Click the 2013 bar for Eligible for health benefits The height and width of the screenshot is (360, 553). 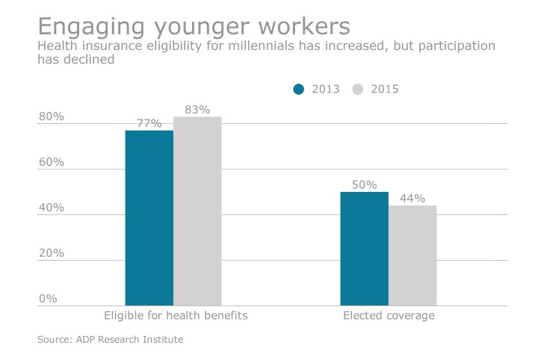point(149,218)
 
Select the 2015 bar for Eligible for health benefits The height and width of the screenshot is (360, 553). point(197,211)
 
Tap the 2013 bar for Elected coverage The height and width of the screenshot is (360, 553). point(364,249)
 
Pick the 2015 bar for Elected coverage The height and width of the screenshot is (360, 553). point(413,255)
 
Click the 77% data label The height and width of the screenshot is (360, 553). point(149,124)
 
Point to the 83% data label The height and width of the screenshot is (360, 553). point(197,110)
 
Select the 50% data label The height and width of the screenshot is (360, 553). point(364,185)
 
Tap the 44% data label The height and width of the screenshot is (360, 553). point(413,199)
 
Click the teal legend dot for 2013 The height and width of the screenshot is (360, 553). point(299,89)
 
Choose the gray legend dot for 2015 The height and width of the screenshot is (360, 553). point(357,89)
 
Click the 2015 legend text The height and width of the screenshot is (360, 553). point(384,89)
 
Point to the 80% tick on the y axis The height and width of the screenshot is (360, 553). point(52,117)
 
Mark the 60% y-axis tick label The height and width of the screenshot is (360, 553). point(52,162)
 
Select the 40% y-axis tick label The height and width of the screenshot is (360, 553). point(52,208)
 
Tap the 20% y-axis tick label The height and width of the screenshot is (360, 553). point(52,253)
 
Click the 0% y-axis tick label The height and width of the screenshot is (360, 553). point(48,299)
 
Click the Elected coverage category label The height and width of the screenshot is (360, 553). point(389,316)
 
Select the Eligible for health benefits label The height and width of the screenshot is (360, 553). point(174,316)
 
